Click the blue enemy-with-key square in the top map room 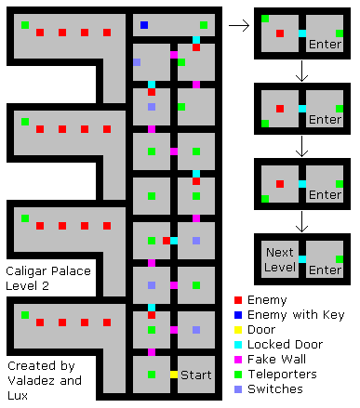tap(144, 25)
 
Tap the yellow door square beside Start tap(174, 375)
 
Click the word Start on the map tap(195, 375)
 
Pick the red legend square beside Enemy tap(238, 300)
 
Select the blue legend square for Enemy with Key tap(238, 315)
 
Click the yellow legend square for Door tap(238, 330)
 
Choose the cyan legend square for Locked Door tap(238, 345)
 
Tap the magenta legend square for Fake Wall tap(238, 360)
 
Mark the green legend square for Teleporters tap(238, 375)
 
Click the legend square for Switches tap(238, 389)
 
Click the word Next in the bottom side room tap(279, 253)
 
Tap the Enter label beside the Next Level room tap(325, 270)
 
